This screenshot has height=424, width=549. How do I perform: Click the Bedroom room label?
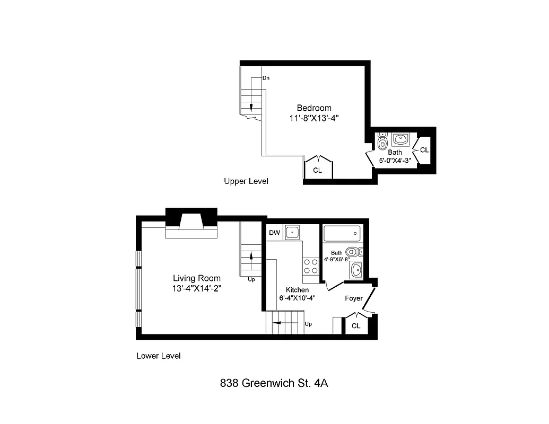pos(313,108)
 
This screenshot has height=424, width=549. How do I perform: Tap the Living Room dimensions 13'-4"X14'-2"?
pos(197,288)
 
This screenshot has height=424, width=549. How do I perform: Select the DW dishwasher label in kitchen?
pos(274,233)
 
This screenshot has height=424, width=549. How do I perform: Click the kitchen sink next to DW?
pos(292,232)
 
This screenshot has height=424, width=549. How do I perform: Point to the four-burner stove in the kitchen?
pos(311,266)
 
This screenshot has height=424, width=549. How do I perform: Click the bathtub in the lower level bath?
pos(342,233)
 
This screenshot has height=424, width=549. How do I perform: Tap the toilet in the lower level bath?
pos(353,252)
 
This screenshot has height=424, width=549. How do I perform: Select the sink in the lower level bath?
pos(356,270)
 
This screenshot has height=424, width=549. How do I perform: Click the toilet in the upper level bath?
pos(382,141)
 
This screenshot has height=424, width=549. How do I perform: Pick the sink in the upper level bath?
pos(400,139)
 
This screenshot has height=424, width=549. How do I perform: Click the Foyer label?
pos(353,298)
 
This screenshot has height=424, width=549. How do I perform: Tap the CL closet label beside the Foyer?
pos(356,326)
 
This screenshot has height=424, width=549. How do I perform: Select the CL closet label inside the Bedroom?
pos(317,170)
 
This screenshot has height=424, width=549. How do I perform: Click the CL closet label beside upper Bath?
pos(424,150)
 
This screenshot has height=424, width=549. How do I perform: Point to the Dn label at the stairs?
pos(266,78)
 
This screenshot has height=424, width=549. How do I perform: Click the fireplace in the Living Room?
pos(191,225)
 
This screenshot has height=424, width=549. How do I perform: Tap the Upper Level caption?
pos(246,181)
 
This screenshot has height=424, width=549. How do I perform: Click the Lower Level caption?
pos(158,356)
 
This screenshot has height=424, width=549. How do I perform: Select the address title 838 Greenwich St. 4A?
pos(274,383)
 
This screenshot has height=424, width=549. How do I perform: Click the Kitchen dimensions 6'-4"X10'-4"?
pos(297,298)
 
